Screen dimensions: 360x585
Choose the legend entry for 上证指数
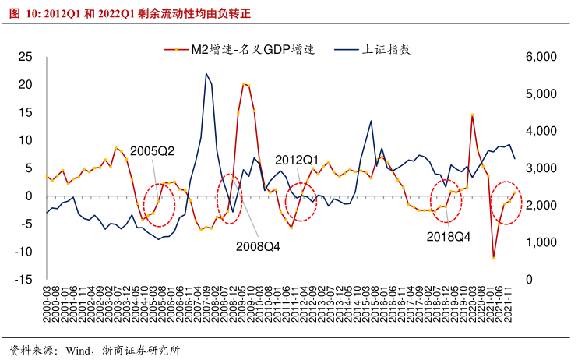pyautogui.click(x=386, y=49)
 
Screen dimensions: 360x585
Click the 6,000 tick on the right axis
pyautogui.click(x=541, y=57)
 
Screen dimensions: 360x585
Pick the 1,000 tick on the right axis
pyautogui.click(x=541, y=242)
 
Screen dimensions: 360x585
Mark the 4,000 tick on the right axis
pyautogui.click(x=541, y=131)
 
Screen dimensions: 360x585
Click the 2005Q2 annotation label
pyautogui.click(x=152, y=151)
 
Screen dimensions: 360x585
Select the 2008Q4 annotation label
pyautogui.click(x=258, y=246)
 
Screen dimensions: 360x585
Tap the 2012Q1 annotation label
pyautogui.click(x=298, y=158)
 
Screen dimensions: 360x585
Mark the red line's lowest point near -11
pyautogui.click(x=493, y=257)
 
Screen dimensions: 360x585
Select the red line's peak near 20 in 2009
pyautogui.click(x=244, y=83)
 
